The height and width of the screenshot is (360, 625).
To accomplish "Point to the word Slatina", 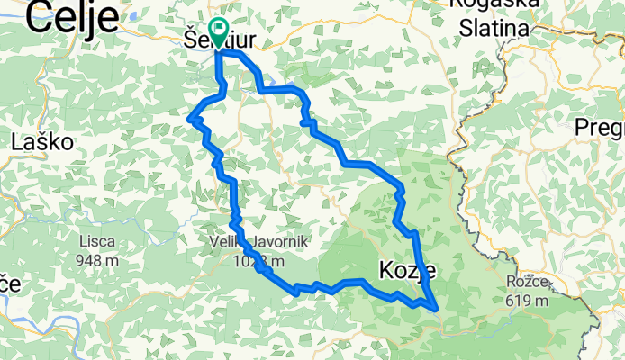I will coord(493,29).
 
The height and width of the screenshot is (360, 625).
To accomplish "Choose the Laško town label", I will coord(42,141).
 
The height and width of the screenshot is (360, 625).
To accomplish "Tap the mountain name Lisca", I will coord(97,242).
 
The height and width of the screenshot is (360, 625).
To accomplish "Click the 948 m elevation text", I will coord(97,261).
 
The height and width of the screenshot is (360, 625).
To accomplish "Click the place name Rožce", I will coord(527,281).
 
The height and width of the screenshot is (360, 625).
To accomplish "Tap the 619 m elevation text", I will coord(527,301).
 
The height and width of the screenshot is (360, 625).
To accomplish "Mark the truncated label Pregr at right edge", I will coord(599,126).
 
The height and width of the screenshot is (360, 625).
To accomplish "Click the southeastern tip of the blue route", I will coord(438,309).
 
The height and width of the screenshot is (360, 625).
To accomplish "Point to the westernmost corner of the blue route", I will coord(189,118).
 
